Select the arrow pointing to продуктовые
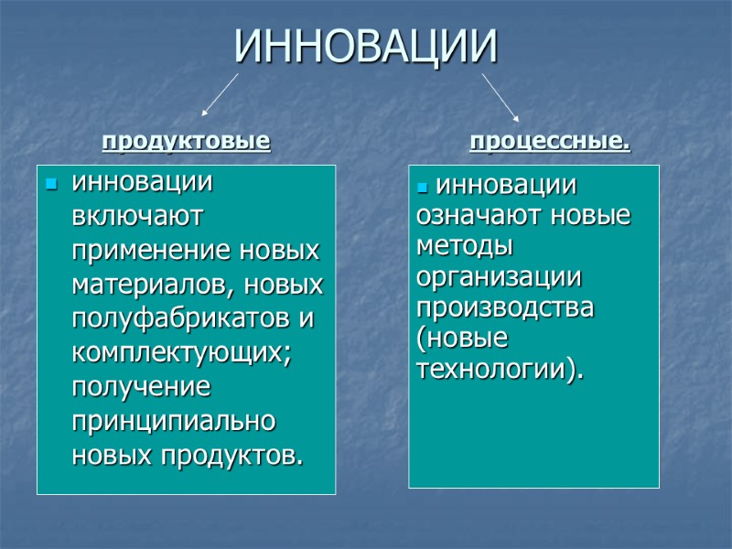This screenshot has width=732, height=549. click(x=221, y=95)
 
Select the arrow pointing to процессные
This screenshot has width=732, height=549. click(x=501, y=97)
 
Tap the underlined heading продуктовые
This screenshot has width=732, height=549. click(x=186, y=142)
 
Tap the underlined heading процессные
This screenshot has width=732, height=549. click(x=549, y=142)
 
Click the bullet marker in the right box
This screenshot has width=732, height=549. click(x=422, y=188)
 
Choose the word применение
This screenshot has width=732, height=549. click(x=151, y=250)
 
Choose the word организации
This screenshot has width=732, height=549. click(x=499, y=277)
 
